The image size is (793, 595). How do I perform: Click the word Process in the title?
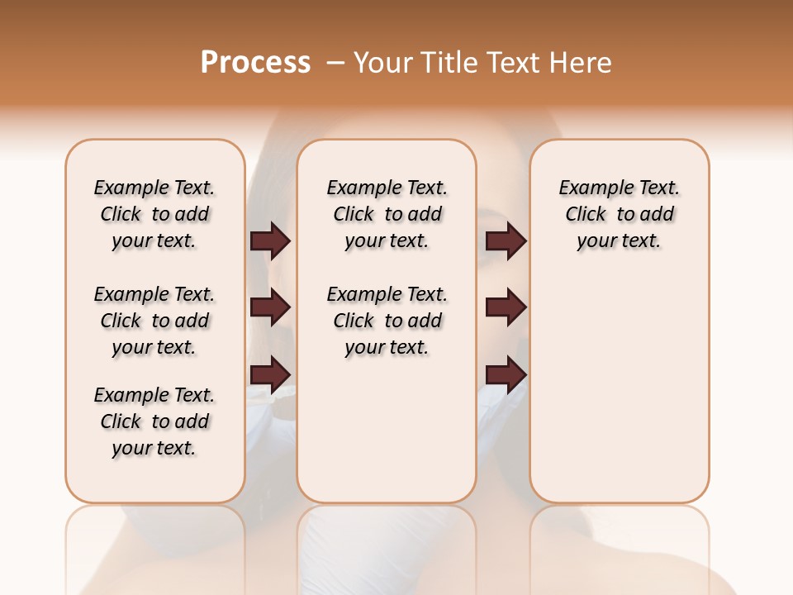255,63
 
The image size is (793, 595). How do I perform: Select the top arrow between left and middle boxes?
270,241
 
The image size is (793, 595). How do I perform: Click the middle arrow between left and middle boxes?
270,307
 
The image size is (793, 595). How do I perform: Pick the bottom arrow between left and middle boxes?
270,374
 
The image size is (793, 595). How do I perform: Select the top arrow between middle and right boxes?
506,241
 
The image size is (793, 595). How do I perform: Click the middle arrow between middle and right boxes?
506,307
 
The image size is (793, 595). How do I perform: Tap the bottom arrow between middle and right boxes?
506,374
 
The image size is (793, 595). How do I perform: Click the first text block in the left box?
154,214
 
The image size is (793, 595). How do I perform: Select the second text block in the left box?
154,321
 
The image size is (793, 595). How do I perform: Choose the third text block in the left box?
154,421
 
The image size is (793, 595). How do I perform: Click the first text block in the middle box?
387,214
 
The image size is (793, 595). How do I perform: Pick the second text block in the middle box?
387,321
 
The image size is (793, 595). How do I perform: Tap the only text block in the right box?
620,214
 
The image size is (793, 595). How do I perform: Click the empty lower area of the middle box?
387,430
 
